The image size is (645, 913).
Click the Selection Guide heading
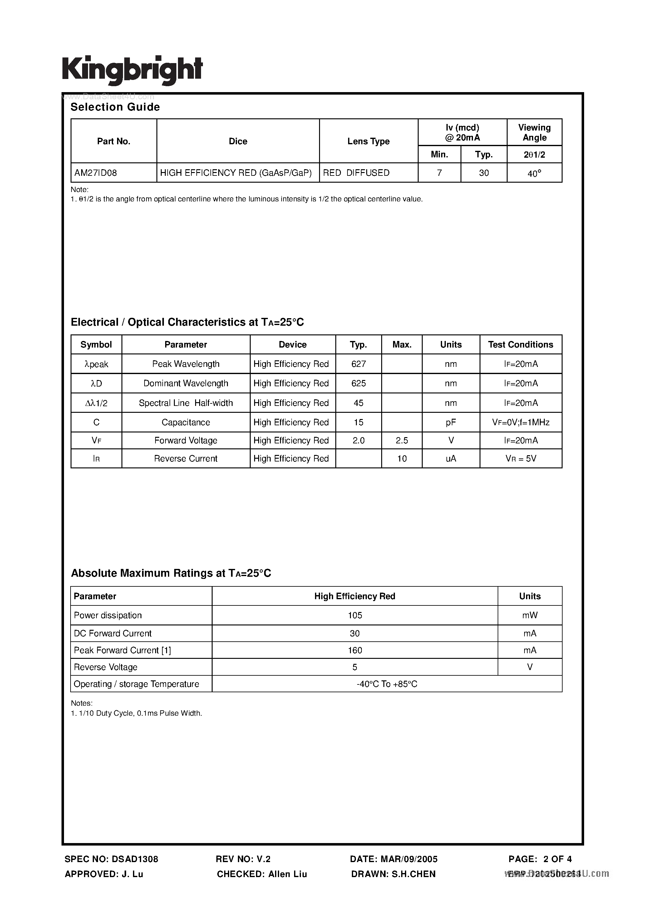(115, 107)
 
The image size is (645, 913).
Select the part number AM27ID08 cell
(96, 173)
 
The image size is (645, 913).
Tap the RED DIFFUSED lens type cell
(356, 173)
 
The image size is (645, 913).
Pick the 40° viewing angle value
(534, 173)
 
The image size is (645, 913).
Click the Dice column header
(238, 141)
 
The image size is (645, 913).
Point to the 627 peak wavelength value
(358, 364)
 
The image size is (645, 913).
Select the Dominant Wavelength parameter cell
(186, 383)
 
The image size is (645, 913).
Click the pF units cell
(451, 422)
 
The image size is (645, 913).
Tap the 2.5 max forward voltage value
(401, 441)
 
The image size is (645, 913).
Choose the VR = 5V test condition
(520, 458)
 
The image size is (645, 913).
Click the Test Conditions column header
(520, 344)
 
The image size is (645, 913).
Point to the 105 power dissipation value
(355, 615)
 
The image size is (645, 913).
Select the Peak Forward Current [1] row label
(122, 650)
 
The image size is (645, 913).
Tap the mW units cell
(530, 615)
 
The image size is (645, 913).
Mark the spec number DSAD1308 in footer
(135, 859)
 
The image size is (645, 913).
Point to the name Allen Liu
(288, 874)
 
